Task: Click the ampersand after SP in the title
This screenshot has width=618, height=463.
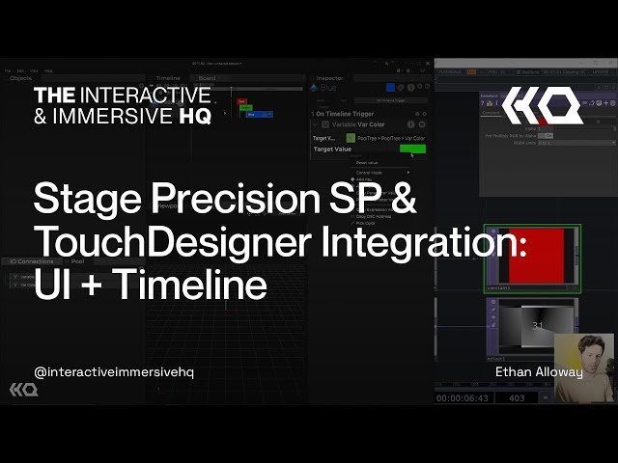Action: [x=405, y=199]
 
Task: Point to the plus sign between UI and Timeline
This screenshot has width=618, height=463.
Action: [x=97, y=286]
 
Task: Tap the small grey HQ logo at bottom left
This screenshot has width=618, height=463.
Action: [x=23, y=389]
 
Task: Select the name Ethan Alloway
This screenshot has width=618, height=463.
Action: [x=538, y=371]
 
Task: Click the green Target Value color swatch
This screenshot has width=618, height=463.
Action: [x=412, y=149]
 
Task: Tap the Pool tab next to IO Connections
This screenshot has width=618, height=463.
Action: [x=78, y=260]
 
